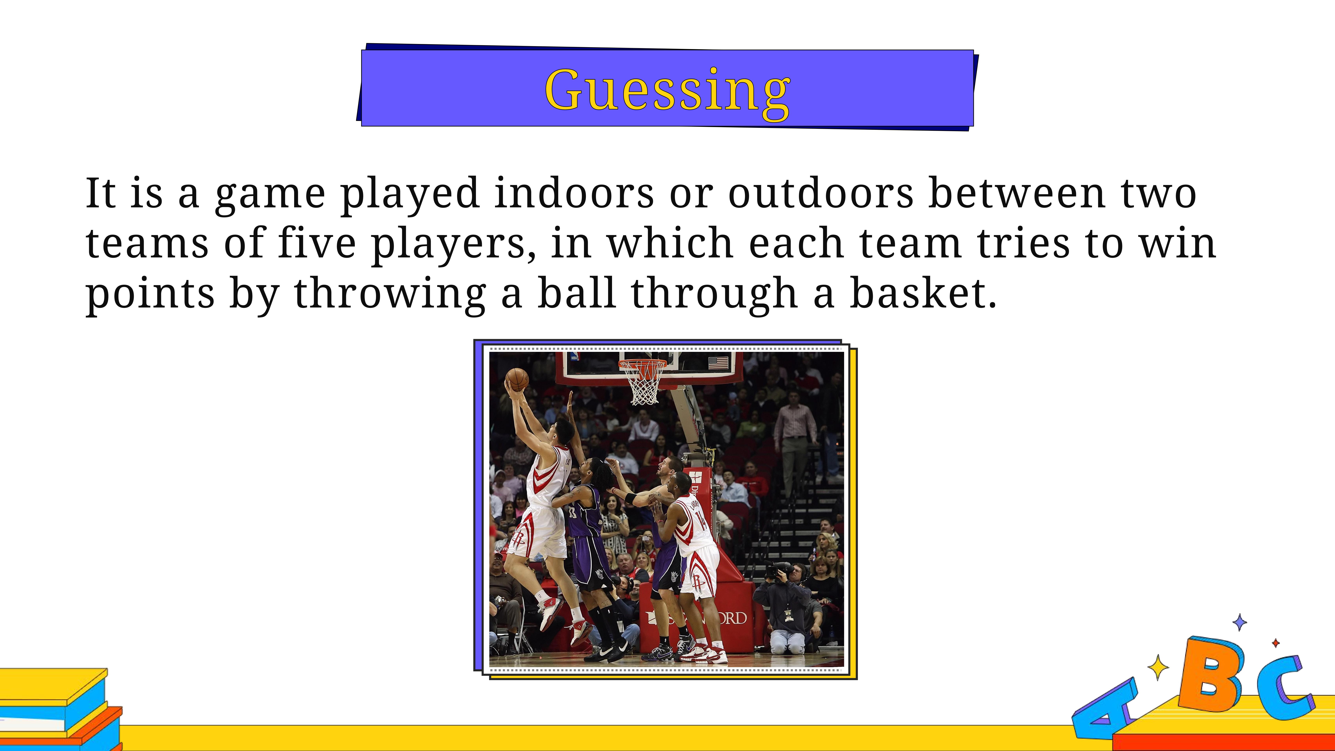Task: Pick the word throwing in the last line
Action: pyautogui.click(x=390, y=295)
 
